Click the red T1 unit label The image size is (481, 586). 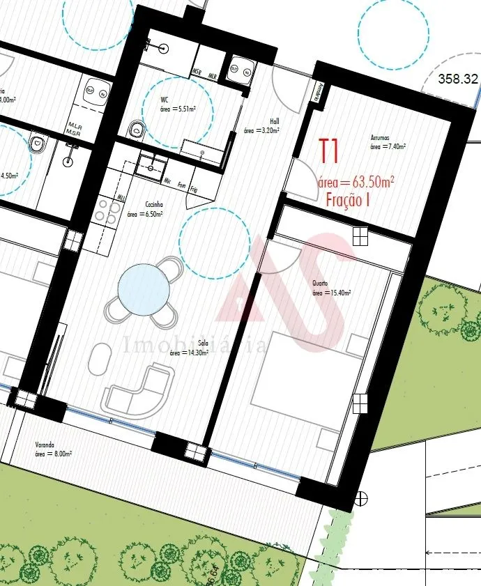(x=329, y=150)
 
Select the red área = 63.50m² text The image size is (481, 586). (x=356, y=182)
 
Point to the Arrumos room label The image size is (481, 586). (x=381, y=138)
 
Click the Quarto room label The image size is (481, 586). (x=320, y=284)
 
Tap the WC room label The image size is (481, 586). (x=165, y=99)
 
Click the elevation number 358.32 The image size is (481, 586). (x=457, y=79)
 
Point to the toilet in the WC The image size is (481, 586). (x=137, y=128)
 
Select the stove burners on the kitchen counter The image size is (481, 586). (x=103, y=211)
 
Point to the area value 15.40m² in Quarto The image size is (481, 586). (x=332, y=293)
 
